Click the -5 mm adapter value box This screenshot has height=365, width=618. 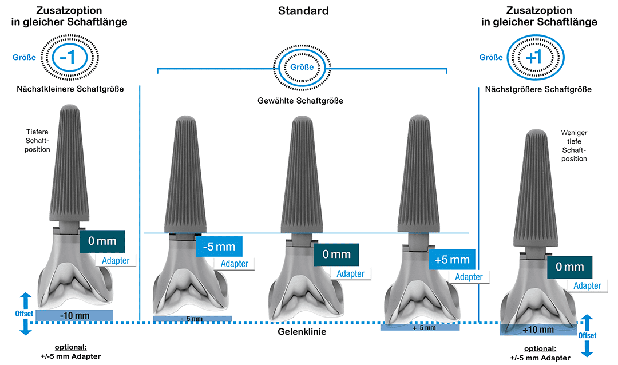[x=219, y=247]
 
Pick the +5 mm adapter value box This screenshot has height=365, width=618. [x=452, y=259]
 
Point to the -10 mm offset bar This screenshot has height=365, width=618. [x=74, y=315]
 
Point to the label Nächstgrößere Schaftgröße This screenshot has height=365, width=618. [x=538, y=89]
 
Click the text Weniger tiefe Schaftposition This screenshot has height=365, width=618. [x=574, y=145]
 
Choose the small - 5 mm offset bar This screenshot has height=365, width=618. [x=192, y=318]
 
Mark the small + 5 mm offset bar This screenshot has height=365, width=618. [x=424, y=328]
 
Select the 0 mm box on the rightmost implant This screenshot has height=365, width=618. [x=569, y=267]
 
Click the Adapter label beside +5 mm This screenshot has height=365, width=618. [x=469, y=277]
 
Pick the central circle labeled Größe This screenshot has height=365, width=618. [x=302, y=66]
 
